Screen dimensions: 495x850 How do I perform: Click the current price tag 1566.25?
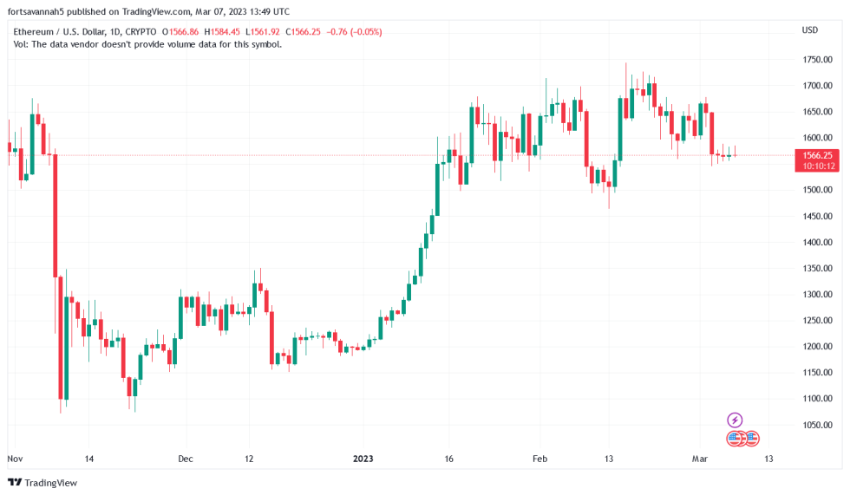pos(818,155)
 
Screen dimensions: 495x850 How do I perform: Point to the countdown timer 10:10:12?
pos(818,166)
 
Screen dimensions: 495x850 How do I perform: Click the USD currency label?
pos(810,30)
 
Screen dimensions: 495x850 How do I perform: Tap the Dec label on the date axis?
pos(185,458)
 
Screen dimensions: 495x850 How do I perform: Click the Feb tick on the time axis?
pos(539,458)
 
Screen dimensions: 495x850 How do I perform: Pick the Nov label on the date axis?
pos(15,458)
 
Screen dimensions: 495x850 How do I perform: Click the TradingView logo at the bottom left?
pos(42,482)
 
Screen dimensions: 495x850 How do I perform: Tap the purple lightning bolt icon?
pos(735,420)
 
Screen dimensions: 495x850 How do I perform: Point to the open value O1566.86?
pos(178,32)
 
